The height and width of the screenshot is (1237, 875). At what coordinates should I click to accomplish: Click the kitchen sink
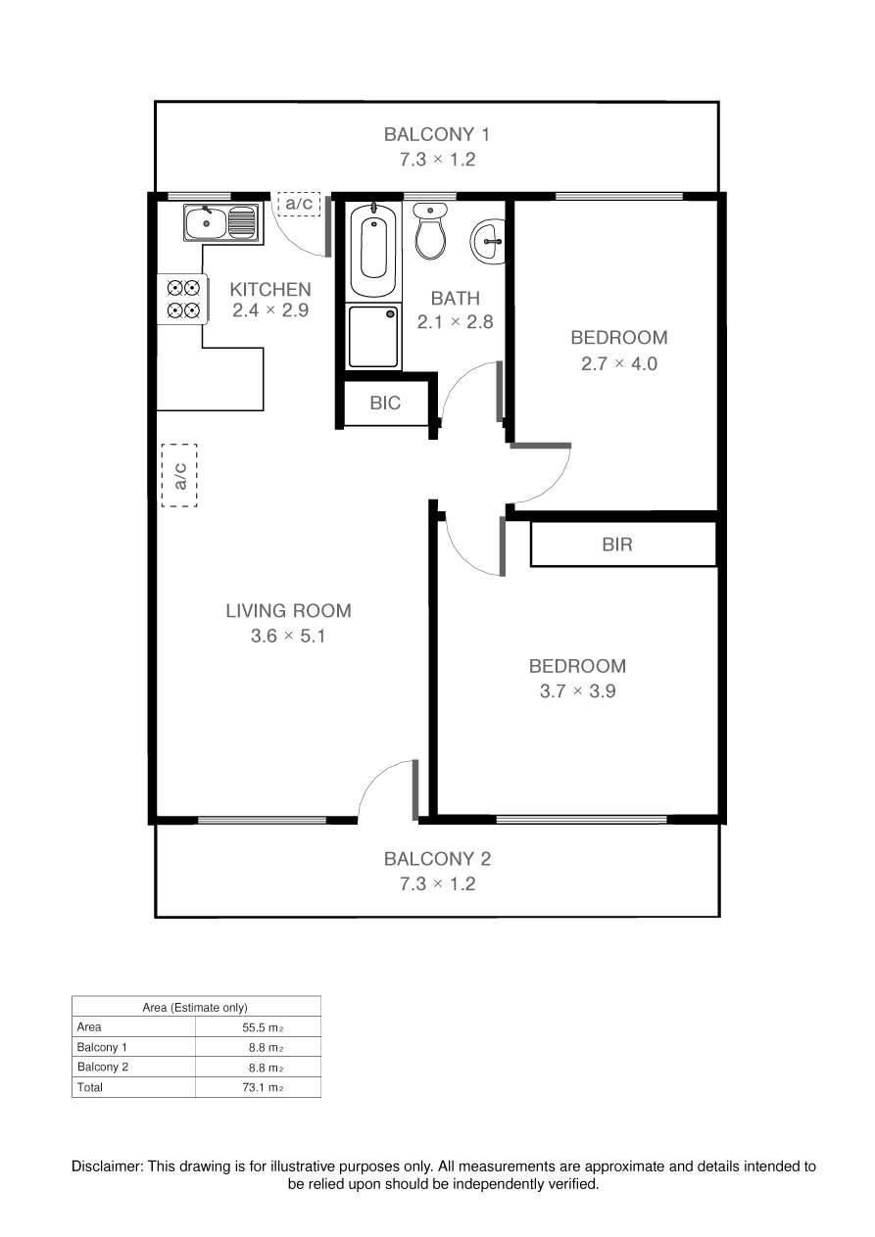[x=221, y=222]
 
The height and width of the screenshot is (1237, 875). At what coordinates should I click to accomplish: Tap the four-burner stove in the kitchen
[x=183, y=300]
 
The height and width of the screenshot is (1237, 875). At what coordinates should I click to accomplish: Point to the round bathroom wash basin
[x=487, y=241]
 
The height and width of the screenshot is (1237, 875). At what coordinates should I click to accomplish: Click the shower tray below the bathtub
[x=373, y=338]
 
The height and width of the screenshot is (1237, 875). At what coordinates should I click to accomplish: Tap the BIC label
[x=385, y=404]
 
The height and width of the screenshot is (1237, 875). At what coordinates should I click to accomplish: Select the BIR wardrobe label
[x=617, y=545]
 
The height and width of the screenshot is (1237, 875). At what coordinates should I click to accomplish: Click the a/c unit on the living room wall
[x=179, y=475]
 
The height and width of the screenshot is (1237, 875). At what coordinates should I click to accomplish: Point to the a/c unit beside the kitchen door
[x=299, y=203]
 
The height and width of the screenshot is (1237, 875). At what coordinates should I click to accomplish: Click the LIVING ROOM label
[x=288, y=611]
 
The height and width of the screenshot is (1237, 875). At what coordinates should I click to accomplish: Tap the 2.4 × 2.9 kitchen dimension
[x=270, y=310]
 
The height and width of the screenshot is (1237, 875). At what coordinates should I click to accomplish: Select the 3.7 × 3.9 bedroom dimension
[x=577, y=690]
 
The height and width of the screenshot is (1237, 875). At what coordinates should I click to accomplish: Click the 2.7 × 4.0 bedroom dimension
[x=619, y=363]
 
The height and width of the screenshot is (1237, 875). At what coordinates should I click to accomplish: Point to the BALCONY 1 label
[x=437, y=134]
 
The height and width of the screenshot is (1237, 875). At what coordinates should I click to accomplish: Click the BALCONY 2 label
[x=437, y=859]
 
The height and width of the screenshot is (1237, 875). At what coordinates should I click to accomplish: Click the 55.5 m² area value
[x=263, y=1027]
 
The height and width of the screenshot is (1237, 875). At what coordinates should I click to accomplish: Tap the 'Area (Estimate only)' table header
[x=195, y=1008]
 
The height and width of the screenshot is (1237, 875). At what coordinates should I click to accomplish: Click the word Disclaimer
[x=108, y=1166]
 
